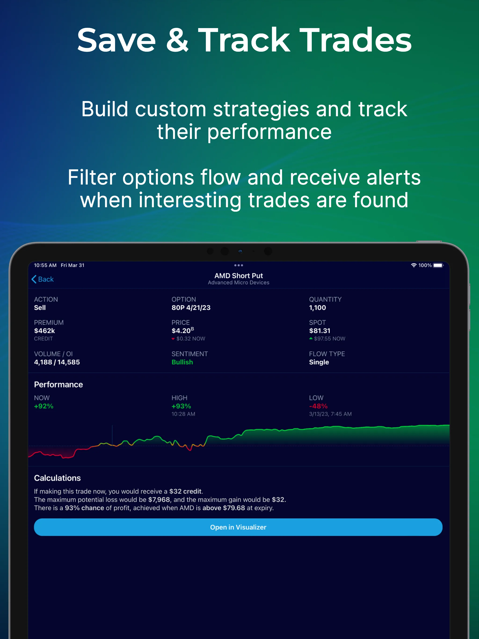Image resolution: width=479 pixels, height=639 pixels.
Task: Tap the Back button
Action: point(43,279)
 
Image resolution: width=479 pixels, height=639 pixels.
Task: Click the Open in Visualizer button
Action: point(238,527)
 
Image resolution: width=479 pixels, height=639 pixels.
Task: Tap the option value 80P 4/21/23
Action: point(191,308)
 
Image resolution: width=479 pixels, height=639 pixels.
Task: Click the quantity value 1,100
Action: point(317,308)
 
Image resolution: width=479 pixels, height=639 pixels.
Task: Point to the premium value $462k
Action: point(44,331)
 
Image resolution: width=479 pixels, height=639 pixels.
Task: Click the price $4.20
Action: point(181,331)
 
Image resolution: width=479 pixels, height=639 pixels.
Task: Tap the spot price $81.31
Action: point(319,331)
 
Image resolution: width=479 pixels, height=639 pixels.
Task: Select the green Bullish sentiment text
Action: point(182,362)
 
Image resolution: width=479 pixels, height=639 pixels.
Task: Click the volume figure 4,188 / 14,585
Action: point(57,362)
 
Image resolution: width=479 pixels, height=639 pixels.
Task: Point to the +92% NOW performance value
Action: point(44,406)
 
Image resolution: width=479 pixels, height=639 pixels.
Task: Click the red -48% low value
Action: point(318,406)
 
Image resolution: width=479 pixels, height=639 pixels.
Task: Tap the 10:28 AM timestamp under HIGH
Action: point(183,414)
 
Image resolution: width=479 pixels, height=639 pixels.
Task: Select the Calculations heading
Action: point(57,478)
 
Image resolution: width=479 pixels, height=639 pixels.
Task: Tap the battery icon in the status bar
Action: point(438,265)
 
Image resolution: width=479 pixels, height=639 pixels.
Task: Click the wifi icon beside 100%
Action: point(414,265)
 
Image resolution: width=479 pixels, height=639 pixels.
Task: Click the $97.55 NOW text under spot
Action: point(329,339)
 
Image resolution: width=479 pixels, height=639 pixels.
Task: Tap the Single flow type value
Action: point(319,362)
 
